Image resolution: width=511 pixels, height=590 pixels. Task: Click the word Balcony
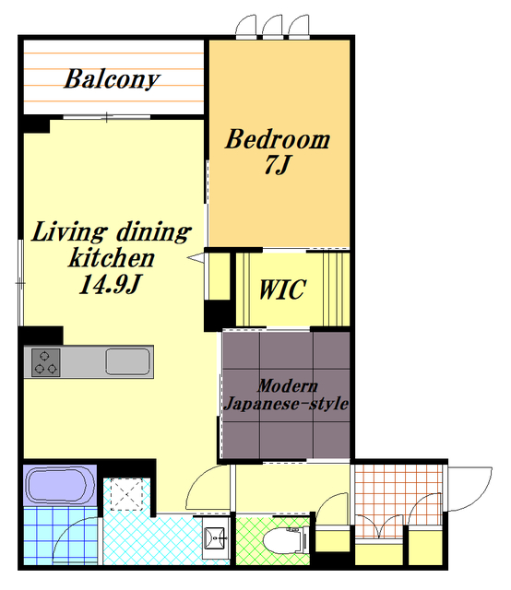112,79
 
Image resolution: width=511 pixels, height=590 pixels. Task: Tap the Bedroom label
278,139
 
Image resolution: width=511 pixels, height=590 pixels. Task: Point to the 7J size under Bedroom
277,165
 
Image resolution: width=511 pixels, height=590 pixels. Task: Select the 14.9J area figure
110,284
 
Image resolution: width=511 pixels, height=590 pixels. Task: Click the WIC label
282,289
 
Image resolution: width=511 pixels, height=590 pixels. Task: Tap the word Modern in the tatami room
288,386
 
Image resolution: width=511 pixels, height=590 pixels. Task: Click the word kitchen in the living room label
112,258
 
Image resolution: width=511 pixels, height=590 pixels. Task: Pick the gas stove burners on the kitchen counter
45,362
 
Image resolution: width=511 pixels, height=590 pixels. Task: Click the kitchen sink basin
127,362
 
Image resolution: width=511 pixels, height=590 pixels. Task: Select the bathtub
60,486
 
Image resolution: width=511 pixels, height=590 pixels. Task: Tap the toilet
285,540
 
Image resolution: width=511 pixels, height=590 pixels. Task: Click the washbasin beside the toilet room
216,537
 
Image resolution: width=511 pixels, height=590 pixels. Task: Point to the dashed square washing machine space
127,494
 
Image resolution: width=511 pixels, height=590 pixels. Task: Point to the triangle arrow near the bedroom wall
196,258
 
